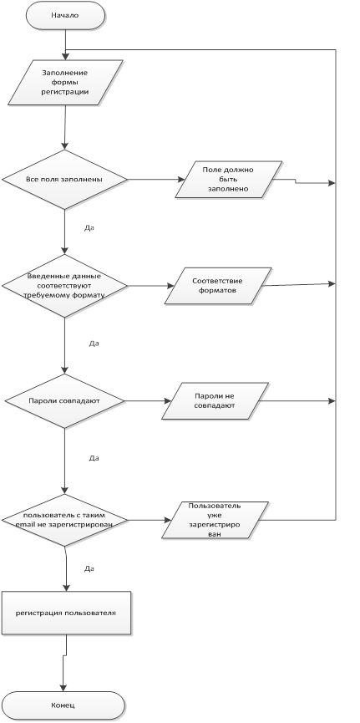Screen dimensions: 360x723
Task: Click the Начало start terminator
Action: click(x=65, y=15)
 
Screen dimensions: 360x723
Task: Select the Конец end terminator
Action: click(x=63, y=705)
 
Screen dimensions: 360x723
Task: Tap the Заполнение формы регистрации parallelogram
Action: click(x=65, y=83)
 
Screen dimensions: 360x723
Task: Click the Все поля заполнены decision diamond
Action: click(x=64, y=180)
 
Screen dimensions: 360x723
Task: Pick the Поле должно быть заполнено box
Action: click(x=229, y=180)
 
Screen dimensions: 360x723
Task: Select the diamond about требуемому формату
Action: click(x=64, y=286)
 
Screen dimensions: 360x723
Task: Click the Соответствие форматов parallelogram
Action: click(x=218, y=286)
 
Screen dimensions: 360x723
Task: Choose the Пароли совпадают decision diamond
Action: click(x=64, y=400)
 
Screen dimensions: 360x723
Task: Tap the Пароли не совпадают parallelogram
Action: click(x=215, y=400)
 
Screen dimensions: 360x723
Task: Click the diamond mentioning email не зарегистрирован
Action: click(x=64, y=521)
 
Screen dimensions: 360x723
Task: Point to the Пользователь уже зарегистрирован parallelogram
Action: click(x=215, y=520)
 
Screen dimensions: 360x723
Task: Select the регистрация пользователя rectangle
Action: click(x=66, y=613)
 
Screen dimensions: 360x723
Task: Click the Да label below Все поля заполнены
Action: click(x=89, y=228)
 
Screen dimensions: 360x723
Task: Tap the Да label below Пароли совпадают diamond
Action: click(x=94, y=458)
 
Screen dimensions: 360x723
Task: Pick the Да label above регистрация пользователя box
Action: click(x=89, y=568)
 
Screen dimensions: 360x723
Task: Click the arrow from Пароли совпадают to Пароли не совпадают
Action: click(x=148, y=400)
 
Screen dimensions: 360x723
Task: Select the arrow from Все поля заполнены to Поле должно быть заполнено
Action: click(x=156, y=180)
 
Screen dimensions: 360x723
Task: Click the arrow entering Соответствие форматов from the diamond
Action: click(x=150, y=286)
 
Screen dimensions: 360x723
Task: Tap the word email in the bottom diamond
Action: click(x=24, y=525)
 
